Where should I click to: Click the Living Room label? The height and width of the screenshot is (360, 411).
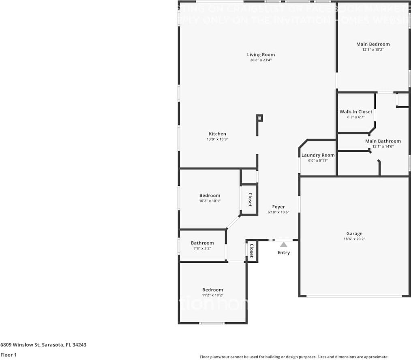pyautogui.click(x=261, y=55)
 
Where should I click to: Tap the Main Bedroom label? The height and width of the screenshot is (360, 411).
pyautogui.click(x=372, y=44)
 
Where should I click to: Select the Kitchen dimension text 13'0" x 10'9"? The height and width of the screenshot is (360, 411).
pyautogui.click(x=217, y=139)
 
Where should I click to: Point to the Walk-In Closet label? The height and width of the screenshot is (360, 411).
pyautogui.click(x=355, y=112)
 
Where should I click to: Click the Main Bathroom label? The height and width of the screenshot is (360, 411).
pyautogui.click(x=383, y=141)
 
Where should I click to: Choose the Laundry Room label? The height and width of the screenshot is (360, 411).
pyautogui.click(x=318, y=155)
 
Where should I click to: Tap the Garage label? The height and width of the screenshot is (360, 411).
pyautogui.click(x=354, y=234)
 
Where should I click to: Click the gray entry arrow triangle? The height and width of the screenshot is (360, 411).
pyautogui.click(x=283, y=245)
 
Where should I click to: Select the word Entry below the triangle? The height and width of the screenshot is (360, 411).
pyautogui.click(x=283, y=253)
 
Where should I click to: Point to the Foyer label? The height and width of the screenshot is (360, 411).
pyautogui.click(x=278, y=207)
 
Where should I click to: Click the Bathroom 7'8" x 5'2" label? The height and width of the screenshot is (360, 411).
pyautogui.click(x=202, y=243)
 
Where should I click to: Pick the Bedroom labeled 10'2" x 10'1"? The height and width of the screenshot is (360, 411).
pyautogui.click(x=210, y=196)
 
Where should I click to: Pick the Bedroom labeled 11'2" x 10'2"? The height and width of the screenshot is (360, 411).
pyautogui.click(x=212, y=290)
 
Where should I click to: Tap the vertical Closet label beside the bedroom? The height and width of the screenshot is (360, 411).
pyautogui.click(x=250, y=200)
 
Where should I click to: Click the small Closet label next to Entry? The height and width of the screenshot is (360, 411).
pyautogui.click(x=251, y=251)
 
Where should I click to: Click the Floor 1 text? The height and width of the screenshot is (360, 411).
pyautogui.click(x=8, y=355)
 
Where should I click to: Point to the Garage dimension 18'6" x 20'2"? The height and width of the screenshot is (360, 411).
pyautogui.click(x=354, y=239)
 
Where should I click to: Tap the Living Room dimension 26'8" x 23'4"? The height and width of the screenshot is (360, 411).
pyautogui.click(x=261, y=60)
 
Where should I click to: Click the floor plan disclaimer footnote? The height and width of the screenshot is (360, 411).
pyautogui.click(x=294, y=357)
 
